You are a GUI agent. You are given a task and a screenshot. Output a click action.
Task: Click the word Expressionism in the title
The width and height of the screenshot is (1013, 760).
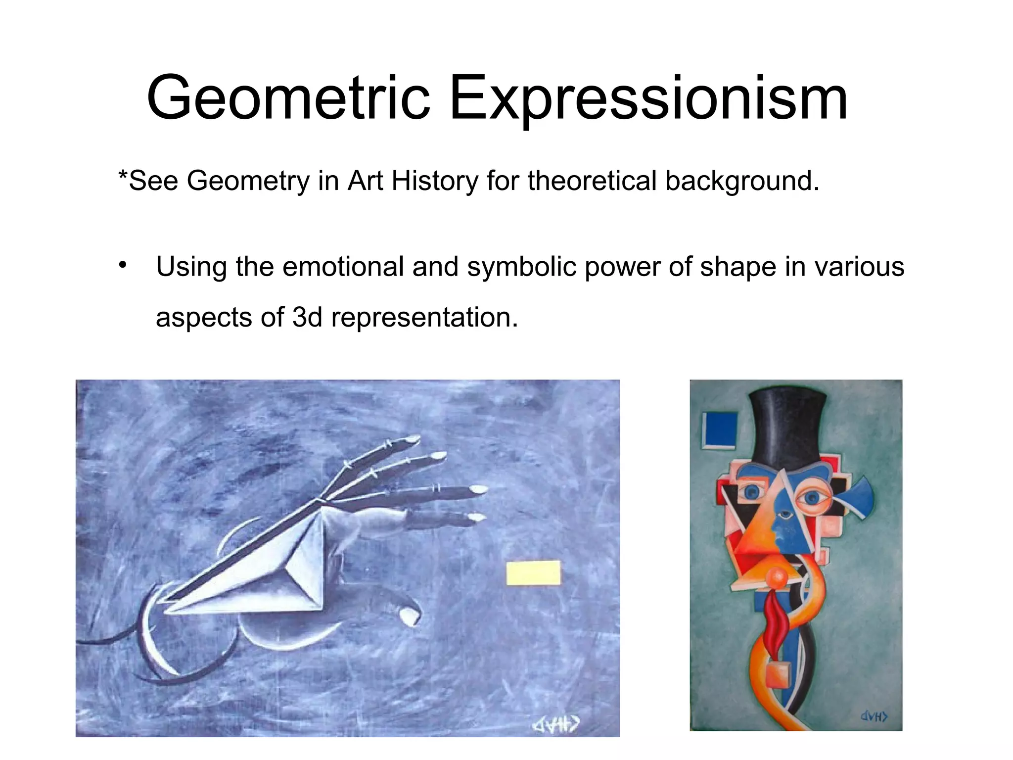pyautogui.click(x=648, y=98)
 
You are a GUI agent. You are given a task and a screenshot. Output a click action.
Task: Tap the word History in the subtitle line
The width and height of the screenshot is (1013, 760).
pyautogui.click(x=434, y=181)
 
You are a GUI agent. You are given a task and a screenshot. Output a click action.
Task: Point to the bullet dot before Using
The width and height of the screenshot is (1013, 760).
pyautogui.click(x=123, y=265)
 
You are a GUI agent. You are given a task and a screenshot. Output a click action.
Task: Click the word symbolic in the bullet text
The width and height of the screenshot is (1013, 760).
pyautogui.click(x=521, y=267)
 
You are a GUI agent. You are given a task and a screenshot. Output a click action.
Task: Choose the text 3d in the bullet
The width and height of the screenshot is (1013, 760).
pyautogui.click(x=307, y=317)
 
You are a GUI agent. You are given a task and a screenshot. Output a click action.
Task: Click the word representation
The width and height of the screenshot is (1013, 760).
pyautogui.click(x=424, y=318)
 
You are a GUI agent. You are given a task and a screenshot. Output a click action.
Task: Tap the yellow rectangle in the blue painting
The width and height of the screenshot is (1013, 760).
pyautogui.click(x=533, y=572)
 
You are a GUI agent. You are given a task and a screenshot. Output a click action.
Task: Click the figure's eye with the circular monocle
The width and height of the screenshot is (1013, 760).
pyautogui.click(x=813, y=497)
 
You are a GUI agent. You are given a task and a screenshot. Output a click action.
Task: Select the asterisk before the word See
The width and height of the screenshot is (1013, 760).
pyautogui.click(x=122, y=175)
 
